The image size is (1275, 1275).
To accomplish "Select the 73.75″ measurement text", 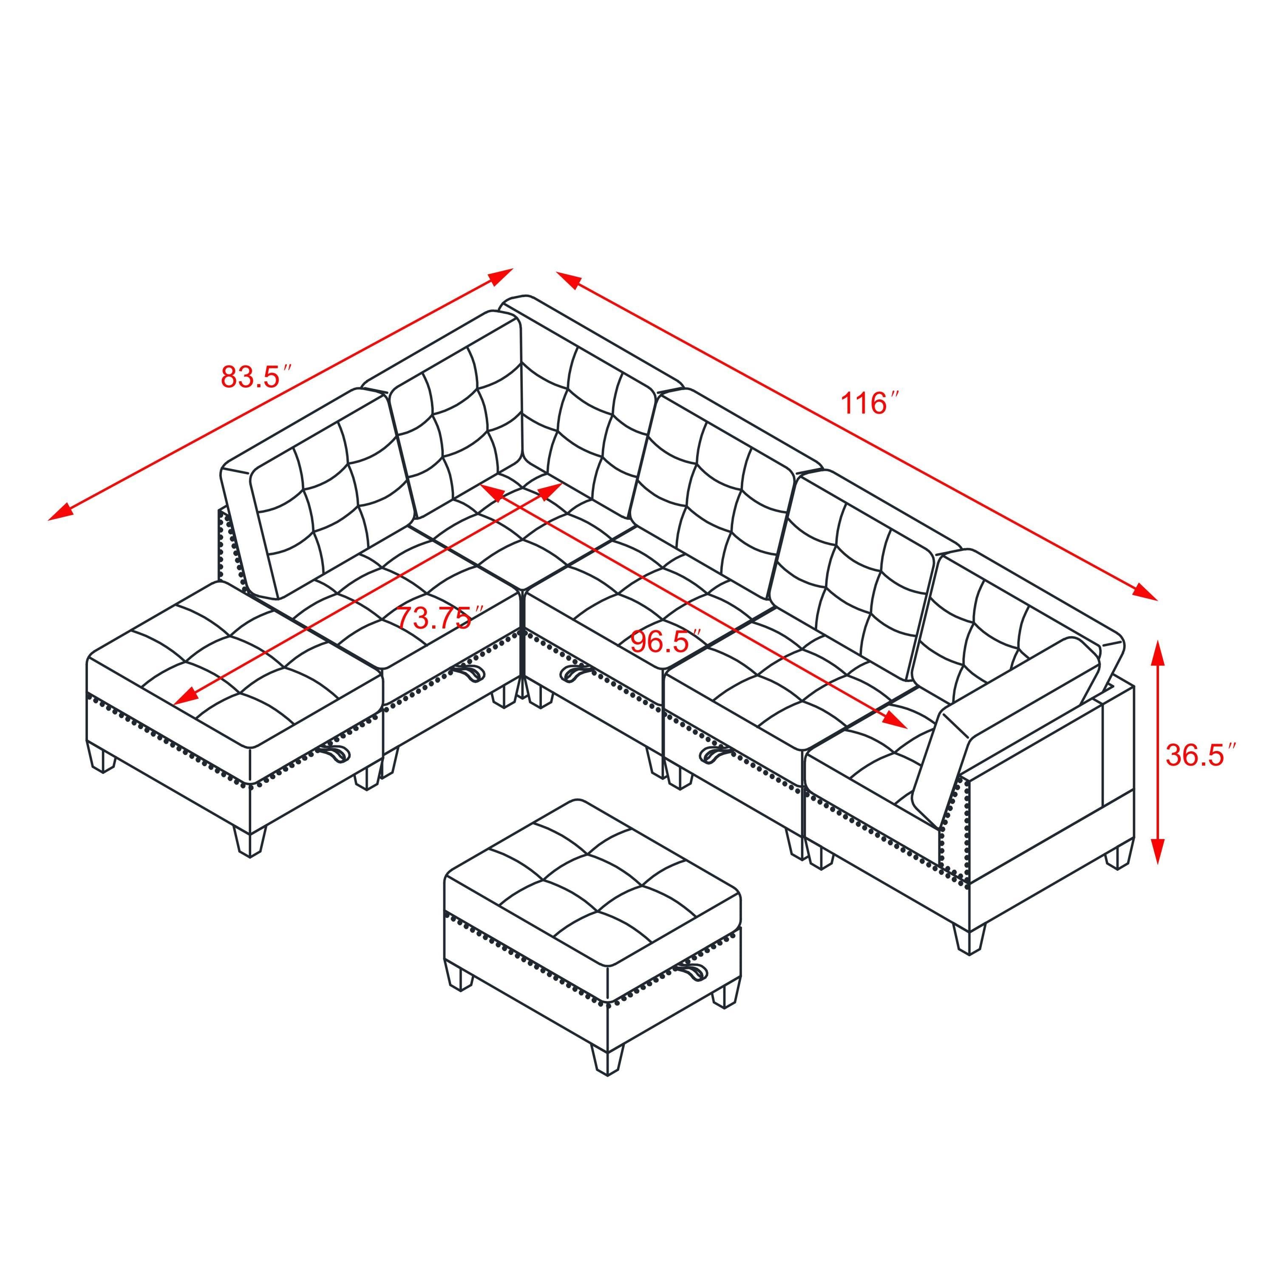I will point(435,618).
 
